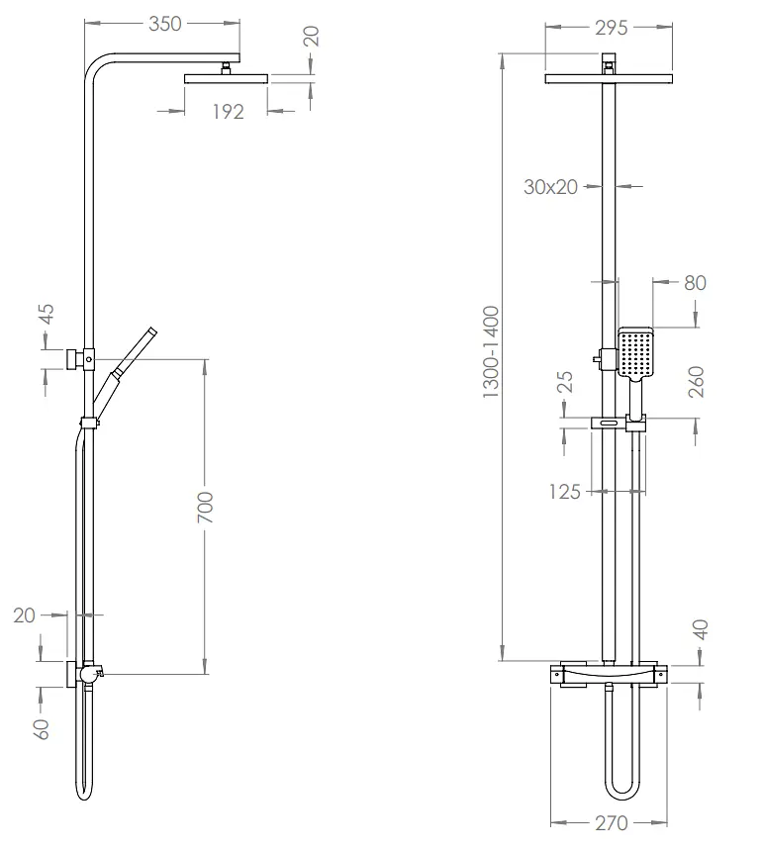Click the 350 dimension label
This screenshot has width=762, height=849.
(165, 24)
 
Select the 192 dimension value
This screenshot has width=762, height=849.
(228, 112)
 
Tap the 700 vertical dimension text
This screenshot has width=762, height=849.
(205, 508)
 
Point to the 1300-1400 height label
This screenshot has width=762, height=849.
(491, 352)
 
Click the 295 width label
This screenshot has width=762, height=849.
(612, 28)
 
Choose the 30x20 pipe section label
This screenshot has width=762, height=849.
(551, 187)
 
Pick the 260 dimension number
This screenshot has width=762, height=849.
(697, 382)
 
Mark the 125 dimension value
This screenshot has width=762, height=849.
(564, 492)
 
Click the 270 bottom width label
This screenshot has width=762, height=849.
(612, 823)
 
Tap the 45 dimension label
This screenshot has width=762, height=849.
(48, 314)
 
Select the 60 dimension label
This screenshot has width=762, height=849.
(42, 729)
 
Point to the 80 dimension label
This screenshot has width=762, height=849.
(696, 283)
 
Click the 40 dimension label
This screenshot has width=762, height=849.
(701, 629)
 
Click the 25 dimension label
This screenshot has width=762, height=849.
(565, 382)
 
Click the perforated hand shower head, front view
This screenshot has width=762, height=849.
(635, 352)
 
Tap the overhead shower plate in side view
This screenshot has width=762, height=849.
(227, 79)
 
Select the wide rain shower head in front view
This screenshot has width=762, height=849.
(610, 79)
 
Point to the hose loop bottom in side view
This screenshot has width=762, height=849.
(84, 794)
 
